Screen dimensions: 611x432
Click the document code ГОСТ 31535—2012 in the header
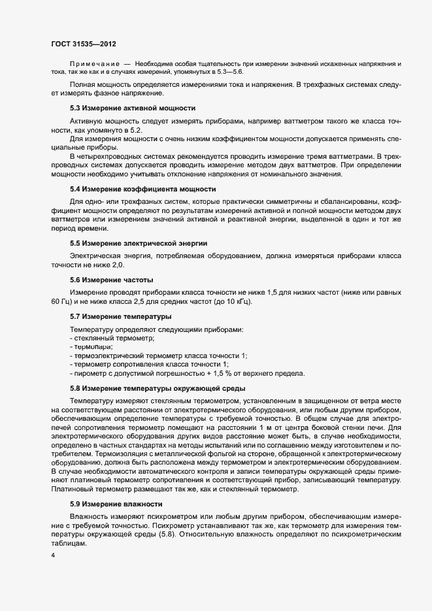click(84, 43)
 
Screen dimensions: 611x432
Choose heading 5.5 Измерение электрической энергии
click(139, 243)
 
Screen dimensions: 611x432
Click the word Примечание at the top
click(94, 63)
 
